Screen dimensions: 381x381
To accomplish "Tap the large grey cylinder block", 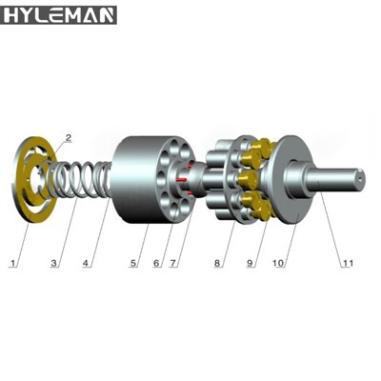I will click(138, 181).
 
